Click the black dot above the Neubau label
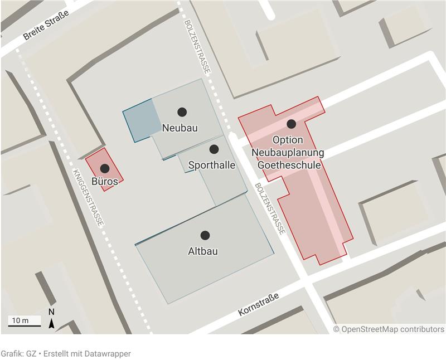pyautogui.click(x=182, y=112)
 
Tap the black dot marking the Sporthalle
pyautogui.click(x=214, y=149)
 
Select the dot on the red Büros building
pyautogui.click(x=104, y=168)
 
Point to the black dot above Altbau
pyautogui.click(x=205, y=235)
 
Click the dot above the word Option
pyautogui.click(x=291, y=124)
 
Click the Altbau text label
pyautogui.click(x=203, y=251)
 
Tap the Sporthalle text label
pyautogui.click(x=212, y=166)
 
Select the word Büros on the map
pyautogui.click(x=104, y=182)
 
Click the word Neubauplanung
pyautogui.click(x=288, y=152)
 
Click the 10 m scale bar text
pyautogui.click(x=20, y=320)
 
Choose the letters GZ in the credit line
pyautogui.click(x=32, y=353)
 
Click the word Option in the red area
pyautogui.click(x=288, y=139)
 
